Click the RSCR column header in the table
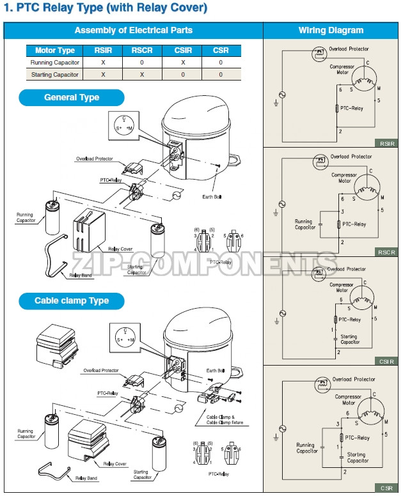pyautogui.click(x=141, y=50)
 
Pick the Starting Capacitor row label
pyautogui.click(x=54, y=75)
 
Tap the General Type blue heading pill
pyautogui.click(x=72, y=98)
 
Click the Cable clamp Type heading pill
pyautogui.click(x=72, y=301)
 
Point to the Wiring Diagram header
pyautogui.click(x=331, y=30)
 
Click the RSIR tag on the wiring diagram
pyautogui.click(x=386, y=143)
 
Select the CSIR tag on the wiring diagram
pyautogui.click(x=386, y=361)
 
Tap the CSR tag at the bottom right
pyautogui.click(x=386, y=488)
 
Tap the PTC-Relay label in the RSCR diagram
pyautogui.click(x=353, y=224)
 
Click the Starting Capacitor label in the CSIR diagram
pyautogui.click(x=349, y=339)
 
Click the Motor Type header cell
pyautogui.click(x=54, y=50)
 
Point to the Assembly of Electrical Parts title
pyautogui.click(x=133, y=30)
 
